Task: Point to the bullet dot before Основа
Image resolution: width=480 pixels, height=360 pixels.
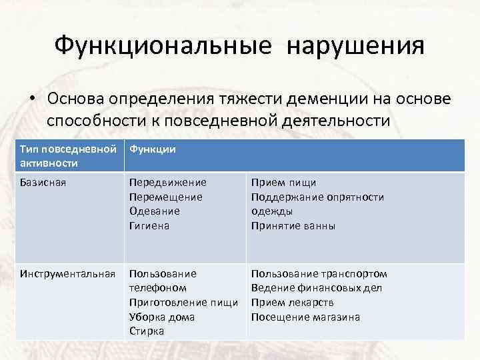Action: (32, 98)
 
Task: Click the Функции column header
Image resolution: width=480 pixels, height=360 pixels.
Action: (153, 149)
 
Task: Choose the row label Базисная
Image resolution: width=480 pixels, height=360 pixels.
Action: (43, 183)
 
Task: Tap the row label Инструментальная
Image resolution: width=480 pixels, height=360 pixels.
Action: (66, 273)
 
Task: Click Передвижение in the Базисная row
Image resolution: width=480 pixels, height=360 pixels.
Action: (168, 183)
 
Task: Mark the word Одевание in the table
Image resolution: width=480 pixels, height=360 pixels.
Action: (154, 211)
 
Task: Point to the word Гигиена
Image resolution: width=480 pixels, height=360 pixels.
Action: (149, 226)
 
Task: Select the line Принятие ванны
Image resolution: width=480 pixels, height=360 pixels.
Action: (293, 226)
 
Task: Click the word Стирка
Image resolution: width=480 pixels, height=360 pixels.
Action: (147, 331)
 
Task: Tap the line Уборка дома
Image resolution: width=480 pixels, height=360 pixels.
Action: (162, 317)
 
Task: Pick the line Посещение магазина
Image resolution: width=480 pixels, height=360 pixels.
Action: (305, 317)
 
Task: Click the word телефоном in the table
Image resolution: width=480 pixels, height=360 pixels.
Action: (157, 288)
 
